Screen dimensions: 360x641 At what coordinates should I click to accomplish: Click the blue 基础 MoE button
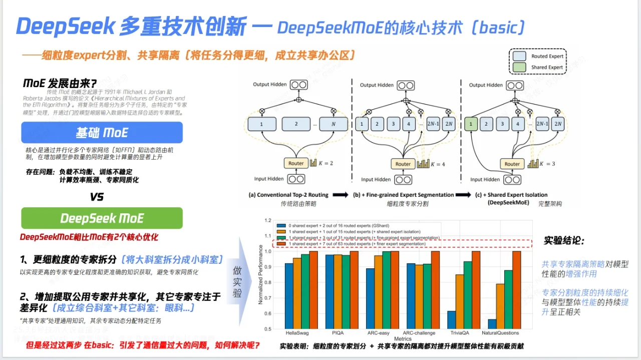coord(102,133)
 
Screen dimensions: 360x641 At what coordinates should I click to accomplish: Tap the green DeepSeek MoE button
coord(102,218)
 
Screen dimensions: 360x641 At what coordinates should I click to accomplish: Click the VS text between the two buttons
coord(97,197)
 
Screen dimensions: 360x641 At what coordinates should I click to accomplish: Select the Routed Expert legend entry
coord(537,57)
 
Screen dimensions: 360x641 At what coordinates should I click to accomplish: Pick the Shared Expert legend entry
coord(537,67)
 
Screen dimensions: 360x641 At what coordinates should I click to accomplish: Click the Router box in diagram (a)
coord(296,163)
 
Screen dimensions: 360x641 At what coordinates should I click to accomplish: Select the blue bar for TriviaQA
coord(452,319)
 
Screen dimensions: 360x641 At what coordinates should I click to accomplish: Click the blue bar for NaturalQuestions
coord(492,323)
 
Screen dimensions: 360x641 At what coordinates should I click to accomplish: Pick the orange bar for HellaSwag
coord(297,293)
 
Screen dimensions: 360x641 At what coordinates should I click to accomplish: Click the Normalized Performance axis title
coord(260,275)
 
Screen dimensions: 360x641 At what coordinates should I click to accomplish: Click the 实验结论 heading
coord(564,240)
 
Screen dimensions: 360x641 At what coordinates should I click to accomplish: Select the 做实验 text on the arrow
coord(237,282)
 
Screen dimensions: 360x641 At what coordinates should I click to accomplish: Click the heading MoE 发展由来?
coord(60,83)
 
